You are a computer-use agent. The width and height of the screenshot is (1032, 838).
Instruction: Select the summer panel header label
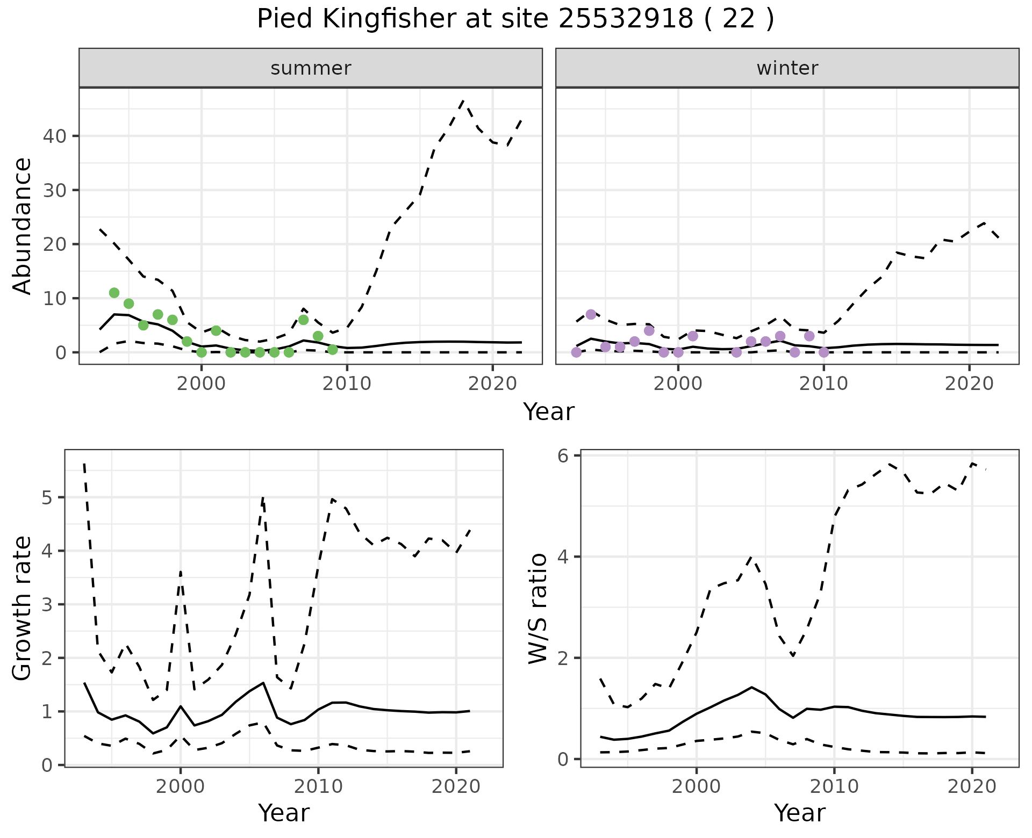(311, 68)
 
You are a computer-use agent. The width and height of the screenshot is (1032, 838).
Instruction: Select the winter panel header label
(787, 68)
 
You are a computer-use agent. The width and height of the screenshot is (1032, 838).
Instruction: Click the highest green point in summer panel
(114, 293)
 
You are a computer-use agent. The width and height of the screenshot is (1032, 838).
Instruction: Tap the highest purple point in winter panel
(591, 314)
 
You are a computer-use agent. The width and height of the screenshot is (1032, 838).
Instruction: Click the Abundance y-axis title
(23, 226)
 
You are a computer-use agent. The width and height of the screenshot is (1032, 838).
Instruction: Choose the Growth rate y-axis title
(23, 609)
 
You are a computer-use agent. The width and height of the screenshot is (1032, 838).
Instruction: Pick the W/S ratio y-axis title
(537, 609)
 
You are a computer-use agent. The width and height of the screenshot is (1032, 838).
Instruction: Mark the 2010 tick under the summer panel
(347, 384)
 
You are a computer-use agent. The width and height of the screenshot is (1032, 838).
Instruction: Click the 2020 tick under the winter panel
(969, 384)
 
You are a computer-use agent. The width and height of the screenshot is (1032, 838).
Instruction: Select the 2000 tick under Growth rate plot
(181, 787)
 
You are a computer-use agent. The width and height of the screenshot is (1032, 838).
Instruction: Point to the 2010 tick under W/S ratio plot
(834, 787)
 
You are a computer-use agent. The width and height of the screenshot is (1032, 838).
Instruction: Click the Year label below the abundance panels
(549, 412)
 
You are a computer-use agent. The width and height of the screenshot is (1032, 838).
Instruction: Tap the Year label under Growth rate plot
(284, 813)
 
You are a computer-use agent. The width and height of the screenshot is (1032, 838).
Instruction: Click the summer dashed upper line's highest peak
(463, 100)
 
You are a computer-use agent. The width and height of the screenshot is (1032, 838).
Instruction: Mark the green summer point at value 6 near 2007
(303, 320)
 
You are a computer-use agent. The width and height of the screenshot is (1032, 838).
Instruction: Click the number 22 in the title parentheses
(736, 19)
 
